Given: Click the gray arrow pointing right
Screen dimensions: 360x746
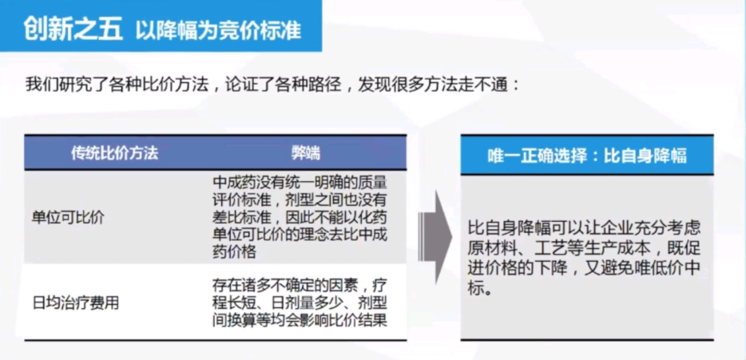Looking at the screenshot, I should pyautogui.click(x=435, y=237).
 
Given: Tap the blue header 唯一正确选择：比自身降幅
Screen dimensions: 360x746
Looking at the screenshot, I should pyautogui.click(x=587, y=156).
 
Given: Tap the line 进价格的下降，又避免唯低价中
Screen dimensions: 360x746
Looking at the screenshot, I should pyautogui.click(x=585, y=268).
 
